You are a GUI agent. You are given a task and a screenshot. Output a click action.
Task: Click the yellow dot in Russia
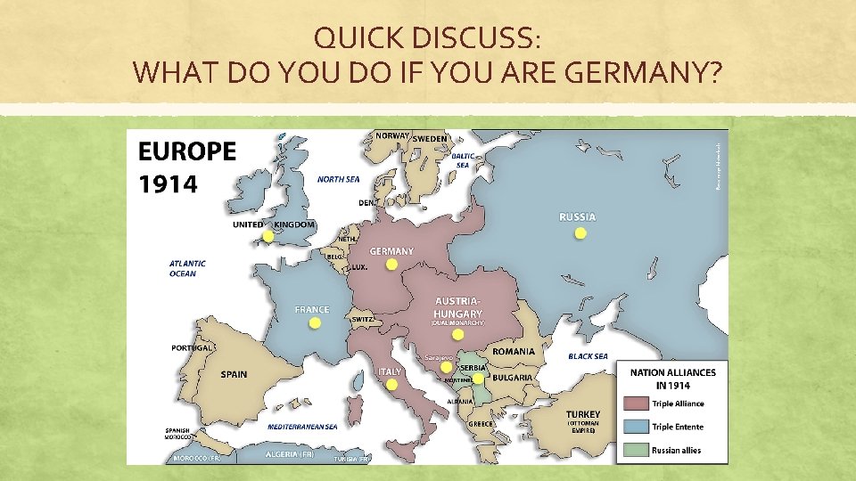coord(580,233)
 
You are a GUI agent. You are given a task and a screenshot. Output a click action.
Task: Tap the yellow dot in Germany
coord(391,265)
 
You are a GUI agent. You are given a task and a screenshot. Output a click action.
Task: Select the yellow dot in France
coord(314,323)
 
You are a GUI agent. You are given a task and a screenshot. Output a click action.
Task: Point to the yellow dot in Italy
coord(391,384)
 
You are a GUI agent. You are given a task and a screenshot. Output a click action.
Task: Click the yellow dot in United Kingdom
coord(267,237)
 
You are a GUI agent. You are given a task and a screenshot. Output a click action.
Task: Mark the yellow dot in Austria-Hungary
coord(457,335)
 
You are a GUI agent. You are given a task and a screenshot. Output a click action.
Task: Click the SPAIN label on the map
coord(235,374)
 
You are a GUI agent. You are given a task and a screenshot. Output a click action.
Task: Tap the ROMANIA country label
coord(514,351)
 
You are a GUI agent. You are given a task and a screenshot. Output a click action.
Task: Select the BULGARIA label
coord(512,378)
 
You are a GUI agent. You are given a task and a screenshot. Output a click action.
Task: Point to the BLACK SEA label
coord(588,356)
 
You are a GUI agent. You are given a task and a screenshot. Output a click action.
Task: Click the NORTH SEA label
coord(338,179)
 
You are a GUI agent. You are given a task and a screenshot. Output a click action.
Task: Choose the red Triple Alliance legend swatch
coord(637,404)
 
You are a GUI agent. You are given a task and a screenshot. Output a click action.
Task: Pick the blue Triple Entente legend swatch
coord(637,427)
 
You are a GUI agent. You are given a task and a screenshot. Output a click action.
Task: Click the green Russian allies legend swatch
coord(637,450)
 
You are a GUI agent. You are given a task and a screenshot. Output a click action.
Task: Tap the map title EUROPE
coord(187,151)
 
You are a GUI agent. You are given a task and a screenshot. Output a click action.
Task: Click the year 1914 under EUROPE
coord(169,183)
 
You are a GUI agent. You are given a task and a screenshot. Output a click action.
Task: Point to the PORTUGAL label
coord(192,347)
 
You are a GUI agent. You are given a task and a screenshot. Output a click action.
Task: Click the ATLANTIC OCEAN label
coord(187,268)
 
